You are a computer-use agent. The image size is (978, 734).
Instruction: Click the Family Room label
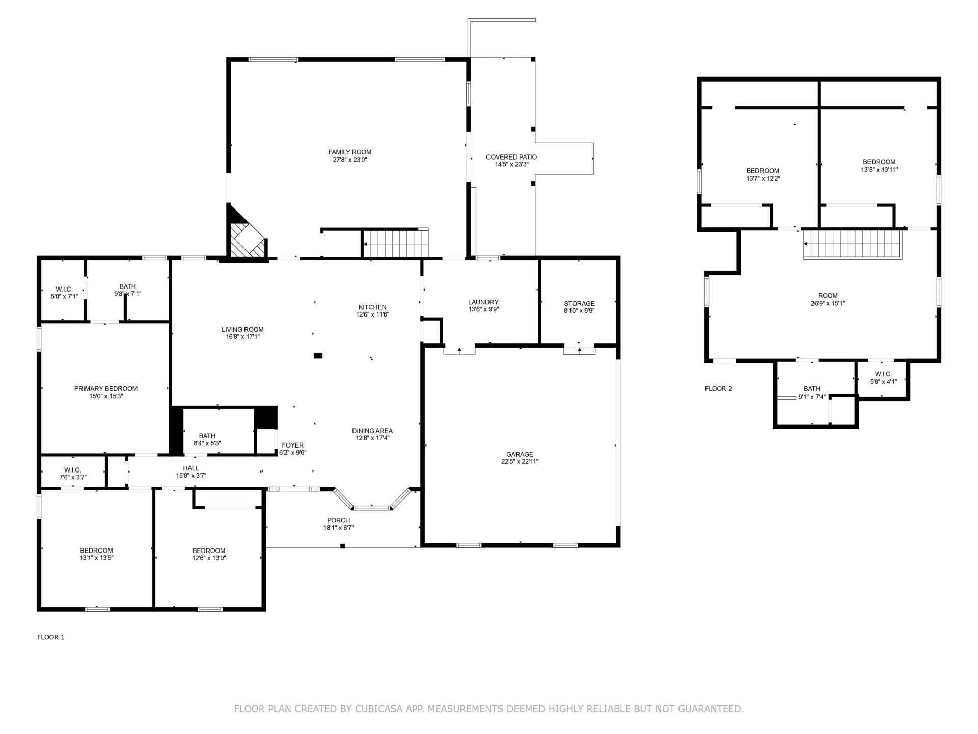[349, 152]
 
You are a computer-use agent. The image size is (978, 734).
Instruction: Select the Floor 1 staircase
[395, 244]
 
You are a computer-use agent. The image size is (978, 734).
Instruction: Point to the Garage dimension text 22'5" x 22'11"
[520, 462]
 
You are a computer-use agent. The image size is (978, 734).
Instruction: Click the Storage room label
[579, 303]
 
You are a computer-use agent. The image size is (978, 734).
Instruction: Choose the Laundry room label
[483, 302]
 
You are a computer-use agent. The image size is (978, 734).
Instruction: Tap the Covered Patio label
[511, 157]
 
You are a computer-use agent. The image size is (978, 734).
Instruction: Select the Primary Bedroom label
[106, 388]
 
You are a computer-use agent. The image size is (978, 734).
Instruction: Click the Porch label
[339, 520]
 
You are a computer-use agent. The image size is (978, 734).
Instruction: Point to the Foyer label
[293, 445]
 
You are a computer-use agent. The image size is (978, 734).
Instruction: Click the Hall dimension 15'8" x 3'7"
[191, 476]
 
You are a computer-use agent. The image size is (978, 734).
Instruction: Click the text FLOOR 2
[718, 389]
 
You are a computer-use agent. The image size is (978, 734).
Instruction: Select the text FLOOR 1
[51, 637]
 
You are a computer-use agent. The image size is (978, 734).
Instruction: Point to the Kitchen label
[372, 307]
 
